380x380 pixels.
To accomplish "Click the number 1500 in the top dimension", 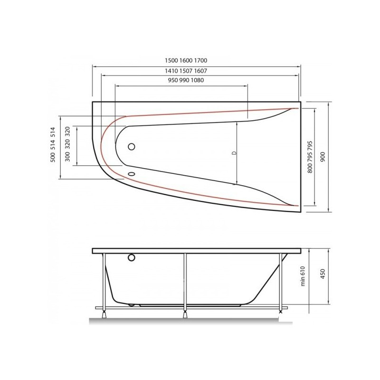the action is tap(171, 60).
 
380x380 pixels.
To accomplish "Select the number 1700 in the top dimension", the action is tap(200, 60).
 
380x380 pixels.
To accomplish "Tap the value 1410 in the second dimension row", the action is tap(171, 71).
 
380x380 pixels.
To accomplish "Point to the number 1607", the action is tap(200, 71).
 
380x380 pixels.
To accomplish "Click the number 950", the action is tap(173, 80).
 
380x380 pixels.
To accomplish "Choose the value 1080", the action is tap(197, 80).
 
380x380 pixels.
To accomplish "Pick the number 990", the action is tap(184, 80).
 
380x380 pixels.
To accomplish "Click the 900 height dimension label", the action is tap(323, 157).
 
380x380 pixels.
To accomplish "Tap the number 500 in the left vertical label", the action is tap(53, 157).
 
